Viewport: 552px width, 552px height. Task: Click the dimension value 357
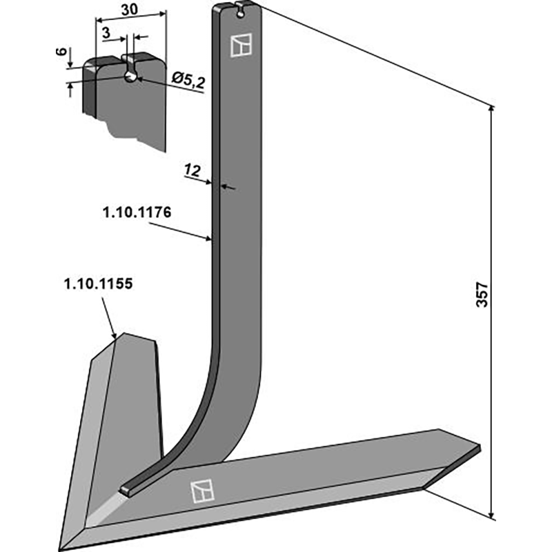click(x=482, y=294)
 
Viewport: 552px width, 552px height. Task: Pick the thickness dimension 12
click(x=193, y=169)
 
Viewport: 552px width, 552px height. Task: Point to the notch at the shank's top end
click(x=240, y=9)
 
